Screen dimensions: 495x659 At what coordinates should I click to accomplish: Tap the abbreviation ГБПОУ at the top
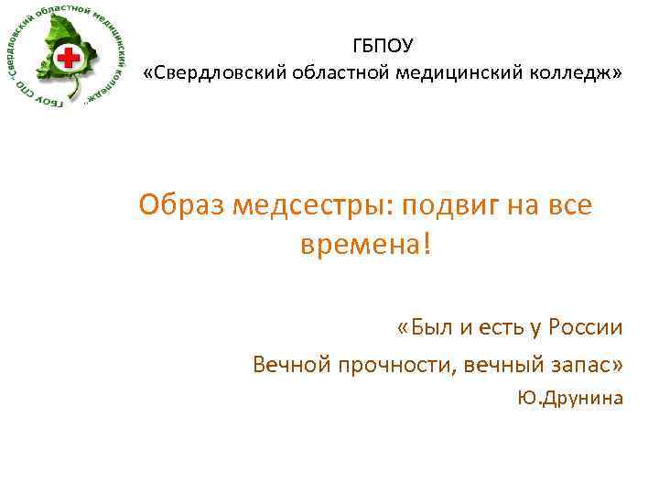(x=382, y=45)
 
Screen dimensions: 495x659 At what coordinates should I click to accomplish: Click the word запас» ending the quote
(x=589, y=365)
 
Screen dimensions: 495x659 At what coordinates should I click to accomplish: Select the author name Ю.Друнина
(x=570, y=398)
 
